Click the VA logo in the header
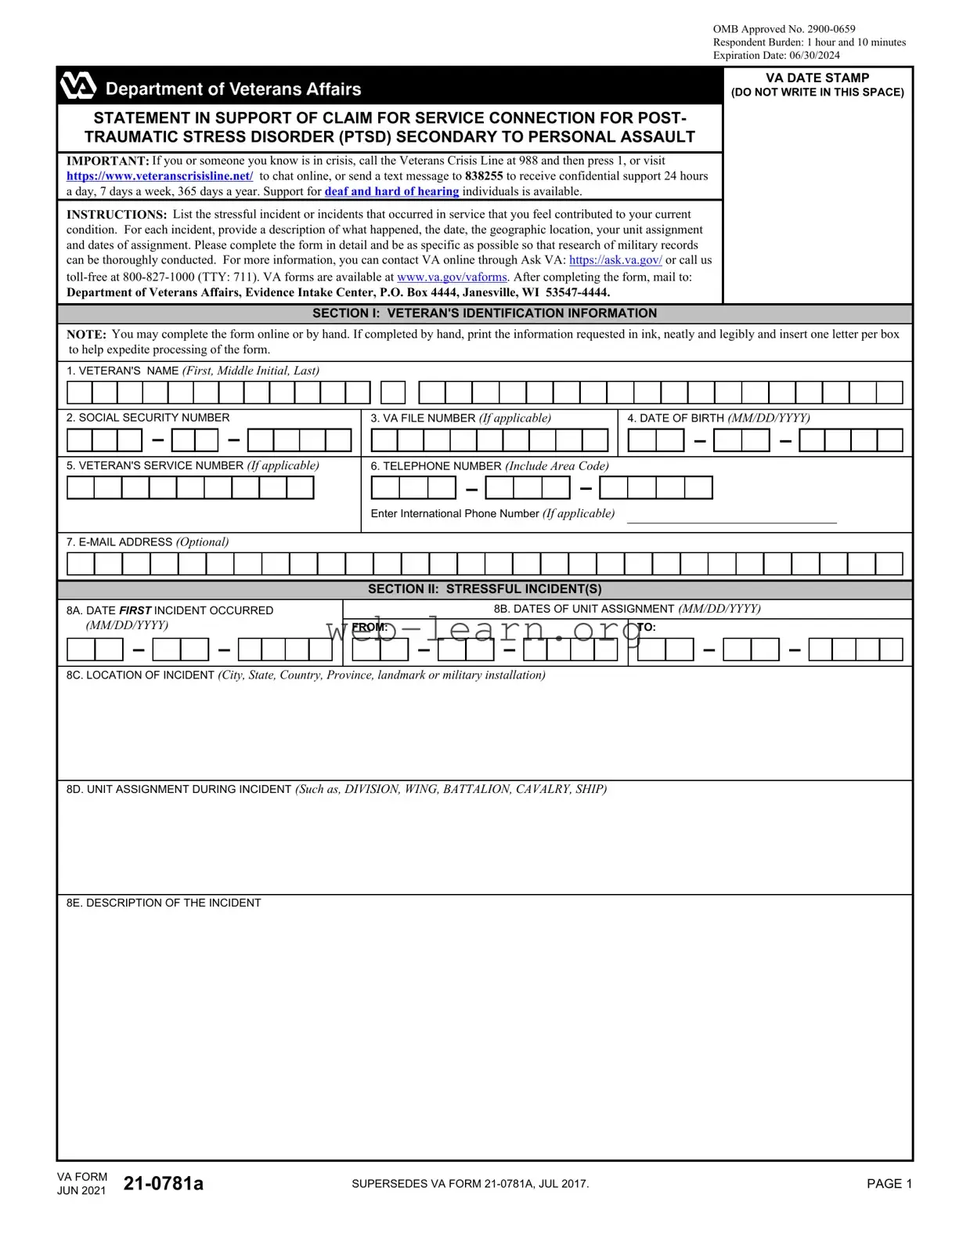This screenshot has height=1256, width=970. coord(78,86)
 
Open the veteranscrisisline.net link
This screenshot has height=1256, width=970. coord(160,176)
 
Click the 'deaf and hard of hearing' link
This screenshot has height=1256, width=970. coord(391,191)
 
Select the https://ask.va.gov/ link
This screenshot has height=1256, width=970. coord(615,260)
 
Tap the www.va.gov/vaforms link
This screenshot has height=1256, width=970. coord(452,277)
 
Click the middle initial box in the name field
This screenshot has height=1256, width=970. coord(393,393)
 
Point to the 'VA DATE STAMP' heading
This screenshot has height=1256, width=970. coord(817,78)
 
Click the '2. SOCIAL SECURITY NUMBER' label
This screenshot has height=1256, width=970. coord(148,418)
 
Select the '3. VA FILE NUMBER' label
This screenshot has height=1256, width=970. coord(460,418)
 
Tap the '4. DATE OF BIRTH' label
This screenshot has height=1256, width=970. coord(718,418)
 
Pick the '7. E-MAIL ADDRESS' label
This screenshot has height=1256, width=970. coord(147,542)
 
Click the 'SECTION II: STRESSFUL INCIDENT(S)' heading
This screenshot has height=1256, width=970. coord(485,589)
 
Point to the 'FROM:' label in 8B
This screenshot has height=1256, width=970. coord(370,627)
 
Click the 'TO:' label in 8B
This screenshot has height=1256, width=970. coord(647,627)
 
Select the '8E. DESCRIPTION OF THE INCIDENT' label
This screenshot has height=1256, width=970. coord(164,903)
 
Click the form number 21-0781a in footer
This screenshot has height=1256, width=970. coord(164,1183)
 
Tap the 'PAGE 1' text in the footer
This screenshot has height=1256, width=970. coord(889,1184)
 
